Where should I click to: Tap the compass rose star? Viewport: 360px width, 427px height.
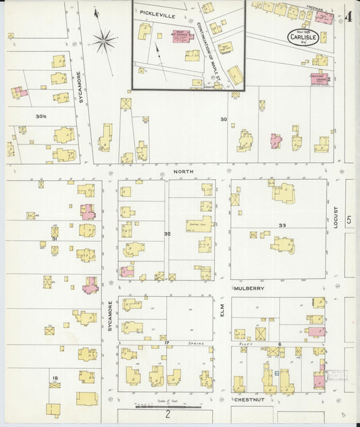(104, 41)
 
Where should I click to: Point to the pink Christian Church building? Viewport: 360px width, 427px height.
(319, 79)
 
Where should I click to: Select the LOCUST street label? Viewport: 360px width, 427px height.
(335, 217)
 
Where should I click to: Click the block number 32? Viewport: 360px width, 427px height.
(167, 233)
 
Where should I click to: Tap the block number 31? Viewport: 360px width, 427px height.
(54, 238)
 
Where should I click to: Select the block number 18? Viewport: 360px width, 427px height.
(54, 378)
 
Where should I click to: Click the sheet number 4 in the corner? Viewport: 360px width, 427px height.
(348, 17)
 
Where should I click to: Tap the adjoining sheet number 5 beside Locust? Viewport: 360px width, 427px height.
(349, 220)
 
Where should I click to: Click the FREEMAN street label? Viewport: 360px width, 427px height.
(315, 8)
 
